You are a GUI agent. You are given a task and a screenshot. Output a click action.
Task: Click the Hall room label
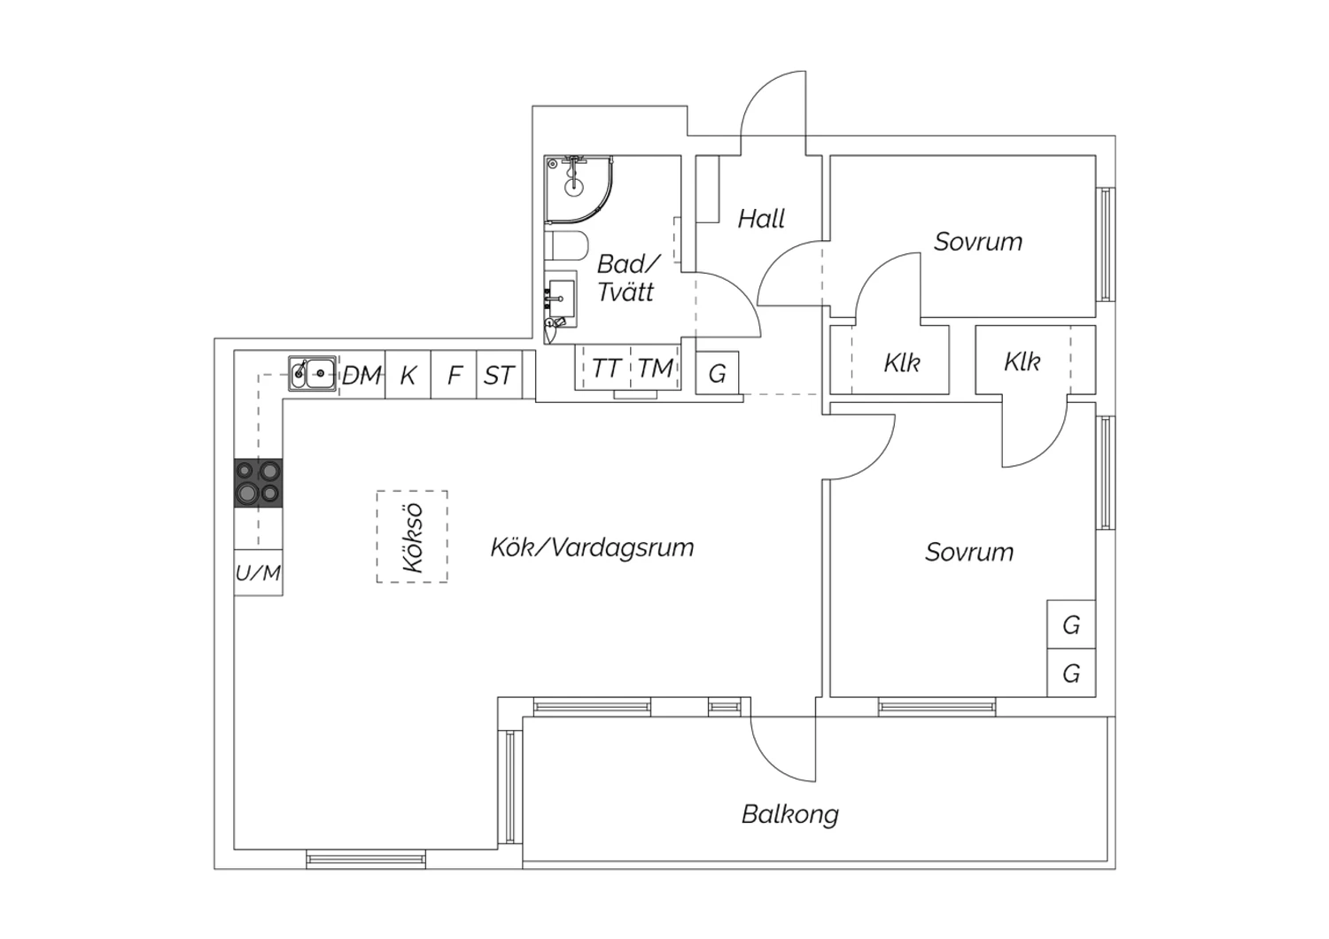click(x=761, y=219)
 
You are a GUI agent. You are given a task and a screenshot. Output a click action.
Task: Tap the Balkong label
click(x=789, y=814)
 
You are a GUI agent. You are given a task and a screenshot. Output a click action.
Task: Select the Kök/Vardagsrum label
click(x=592, y=547)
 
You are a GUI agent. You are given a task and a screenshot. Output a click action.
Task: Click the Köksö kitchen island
click(x=412, y=537)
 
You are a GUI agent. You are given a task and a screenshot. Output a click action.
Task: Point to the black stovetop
click(x=258, y=483)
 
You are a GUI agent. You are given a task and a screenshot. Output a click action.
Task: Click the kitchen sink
click(x=312, y=374)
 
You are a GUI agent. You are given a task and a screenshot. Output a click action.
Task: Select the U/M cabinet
click(x=258, y=573)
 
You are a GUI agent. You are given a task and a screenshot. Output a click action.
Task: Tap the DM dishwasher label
click(x=362, y=376)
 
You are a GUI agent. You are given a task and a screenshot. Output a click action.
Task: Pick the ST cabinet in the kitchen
click(x=499, y=376)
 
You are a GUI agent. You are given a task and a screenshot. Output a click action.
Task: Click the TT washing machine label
click(x=606, y=369)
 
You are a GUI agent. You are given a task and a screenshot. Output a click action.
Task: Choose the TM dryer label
click(x=656, y=369)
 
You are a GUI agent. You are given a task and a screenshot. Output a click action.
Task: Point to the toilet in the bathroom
click(x=566, y=246)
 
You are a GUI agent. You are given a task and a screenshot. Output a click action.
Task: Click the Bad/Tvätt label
click(x=627, y=277)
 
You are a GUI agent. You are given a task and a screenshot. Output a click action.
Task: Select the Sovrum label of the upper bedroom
click(x=978, y=242)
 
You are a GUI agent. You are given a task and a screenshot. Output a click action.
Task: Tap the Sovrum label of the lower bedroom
click(x=969, y=552)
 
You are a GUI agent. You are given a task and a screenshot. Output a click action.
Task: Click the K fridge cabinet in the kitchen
click(x=408, y=376)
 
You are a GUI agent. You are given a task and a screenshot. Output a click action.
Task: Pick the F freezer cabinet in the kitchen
click(x=455, y=376)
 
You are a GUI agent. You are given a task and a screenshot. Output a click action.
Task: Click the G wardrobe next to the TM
click(x=717, y=374)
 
